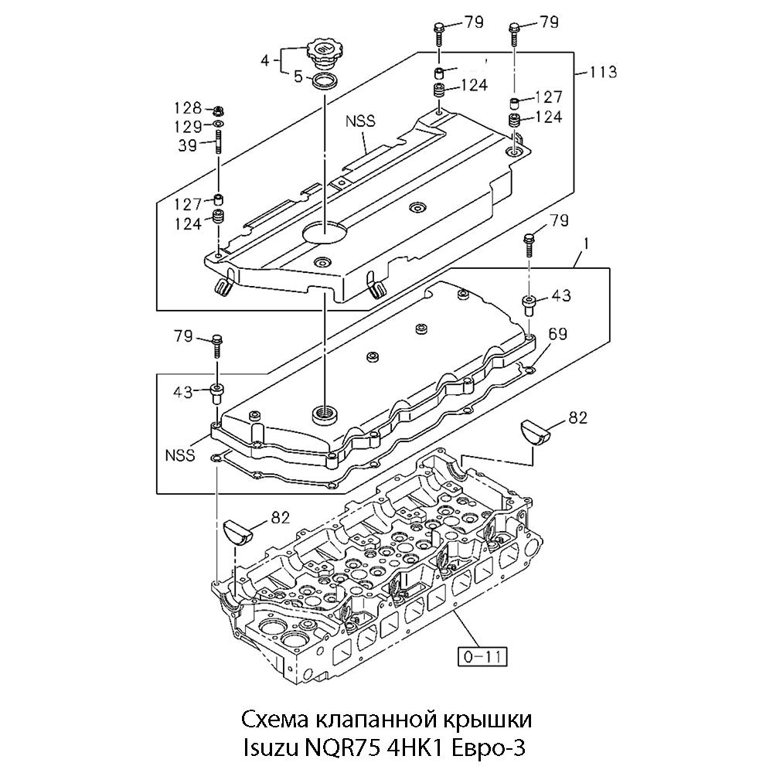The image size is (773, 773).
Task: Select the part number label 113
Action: coord(603,72)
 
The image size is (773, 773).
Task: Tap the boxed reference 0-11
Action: coord(482,656)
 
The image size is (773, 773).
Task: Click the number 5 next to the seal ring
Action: coord(298,77)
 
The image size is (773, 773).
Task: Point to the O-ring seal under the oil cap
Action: coord(323,80)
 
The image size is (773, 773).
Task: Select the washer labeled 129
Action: coord(218,123)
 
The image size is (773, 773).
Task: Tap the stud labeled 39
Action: coord(217,141)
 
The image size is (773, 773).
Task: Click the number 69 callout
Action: coord(557,334)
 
